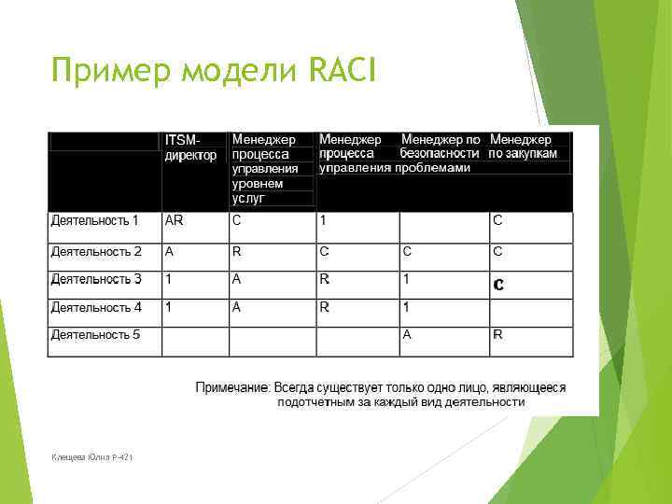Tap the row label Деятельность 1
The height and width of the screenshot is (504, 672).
[x=94, y=221]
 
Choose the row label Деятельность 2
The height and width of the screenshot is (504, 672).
[x=96, y=251]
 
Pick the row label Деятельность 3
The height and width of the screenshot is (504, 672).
[x=96, y=279]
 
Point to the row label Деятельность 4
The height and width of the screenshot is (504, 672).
[x=96, y=307]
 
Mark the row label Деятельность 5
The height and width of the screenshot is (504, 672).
[x=96, y=334]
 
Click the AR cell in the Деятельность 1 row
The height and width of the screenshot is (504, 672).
[x=174, y=221]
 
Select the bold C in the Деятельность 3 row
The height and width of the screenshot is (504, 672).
[x=498, y=285]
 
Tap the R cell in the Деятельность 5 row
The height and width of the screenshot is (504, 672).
[x=497, y=334]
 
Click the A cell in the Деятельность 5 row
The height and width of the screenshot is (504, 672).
[x=407, y=334]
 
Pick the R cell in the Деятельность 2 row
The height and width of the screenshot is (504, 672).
[x=237, y=251]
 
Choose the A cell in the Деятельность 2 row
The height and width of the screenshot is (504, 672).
[x=169, y=251]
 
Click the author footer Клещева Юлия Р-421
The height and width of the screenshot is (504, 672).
[x=92, y=455]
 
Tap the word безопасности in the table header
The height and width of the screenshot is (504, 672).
[x=440, y=153]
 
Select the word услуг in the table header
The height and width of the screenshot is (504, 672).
[x=248, y=199]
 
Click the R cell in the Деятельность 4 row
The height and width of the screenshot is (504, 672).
[x=324, y=307]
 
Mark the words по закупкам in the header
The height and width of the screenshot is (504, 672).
[x=523, y=153]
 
